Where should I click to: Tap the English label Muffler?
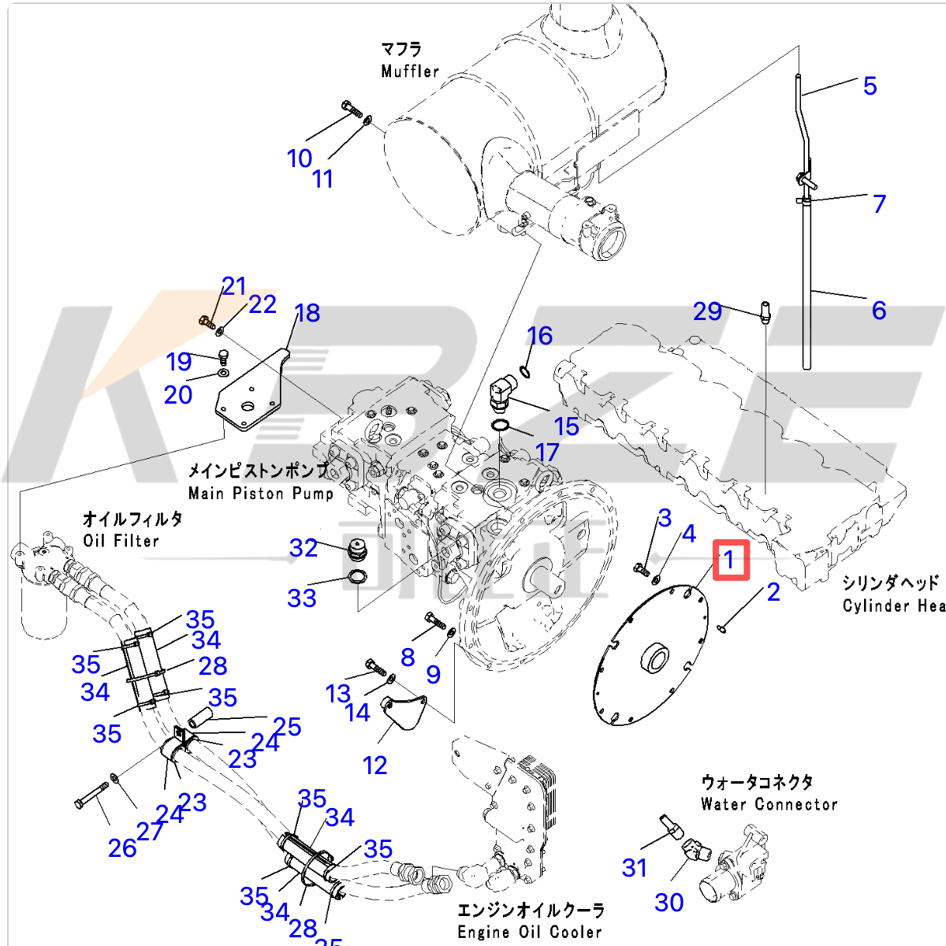coord(410,71)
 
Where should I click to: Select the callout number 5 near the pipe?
coord(870,85)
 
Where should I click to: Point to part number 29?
coord(707,311)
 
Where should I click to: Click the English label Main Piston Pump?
coord(261,493)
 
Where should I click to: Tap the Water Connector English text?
coord(769,804)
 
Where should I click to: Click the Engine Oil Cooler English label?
coord(530,932)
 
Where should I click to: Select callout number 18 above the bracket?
coord(307,313)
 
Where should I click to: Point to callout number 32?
coord(304,548)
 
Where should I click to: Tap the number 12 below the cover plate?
coord(374,765)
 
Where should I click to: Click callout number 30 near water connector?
coord(669,902)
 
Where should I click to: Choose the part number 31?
coord(635,868)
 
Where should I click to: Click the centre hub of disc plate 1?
coord(654,659)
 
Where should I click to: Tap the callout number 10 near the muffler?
coord(300,158)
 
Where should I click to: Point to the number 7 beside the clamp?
coord(879,203)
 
